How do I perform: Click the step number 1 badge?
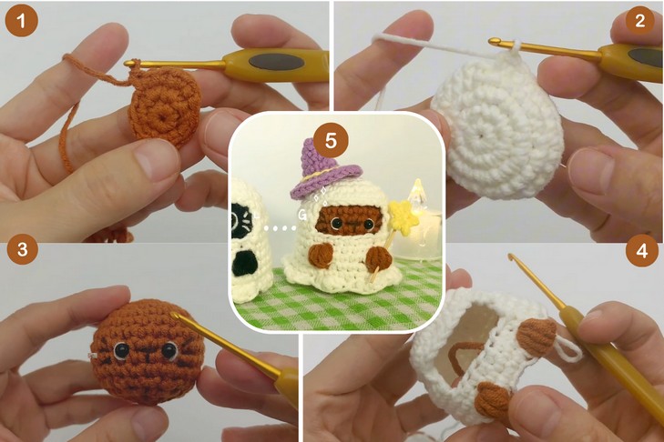click(22, 21)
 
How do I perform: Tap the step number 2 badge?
click(639, 20)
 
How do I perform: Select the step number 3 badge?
click(23, 248)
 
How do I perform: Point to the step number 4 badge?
click(642, 251)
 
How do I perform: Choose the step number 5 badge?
click(331, 140)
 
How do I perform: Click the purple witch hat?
click(325, 169)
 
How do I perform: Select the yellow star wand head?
click(404, 216)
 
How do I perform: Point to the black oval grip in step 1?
click(276, 63)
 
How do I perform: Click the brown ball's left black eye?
click(121, 350)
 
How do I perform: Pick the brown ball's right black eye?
click(169, 350)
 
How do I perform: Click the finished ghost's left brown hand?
click(321, 256)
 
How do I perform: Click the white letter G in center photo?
click(301, 216)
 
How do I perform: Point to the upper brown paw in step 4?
click(537, 337)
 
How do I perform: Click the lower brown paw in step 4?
click(492, 400)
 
